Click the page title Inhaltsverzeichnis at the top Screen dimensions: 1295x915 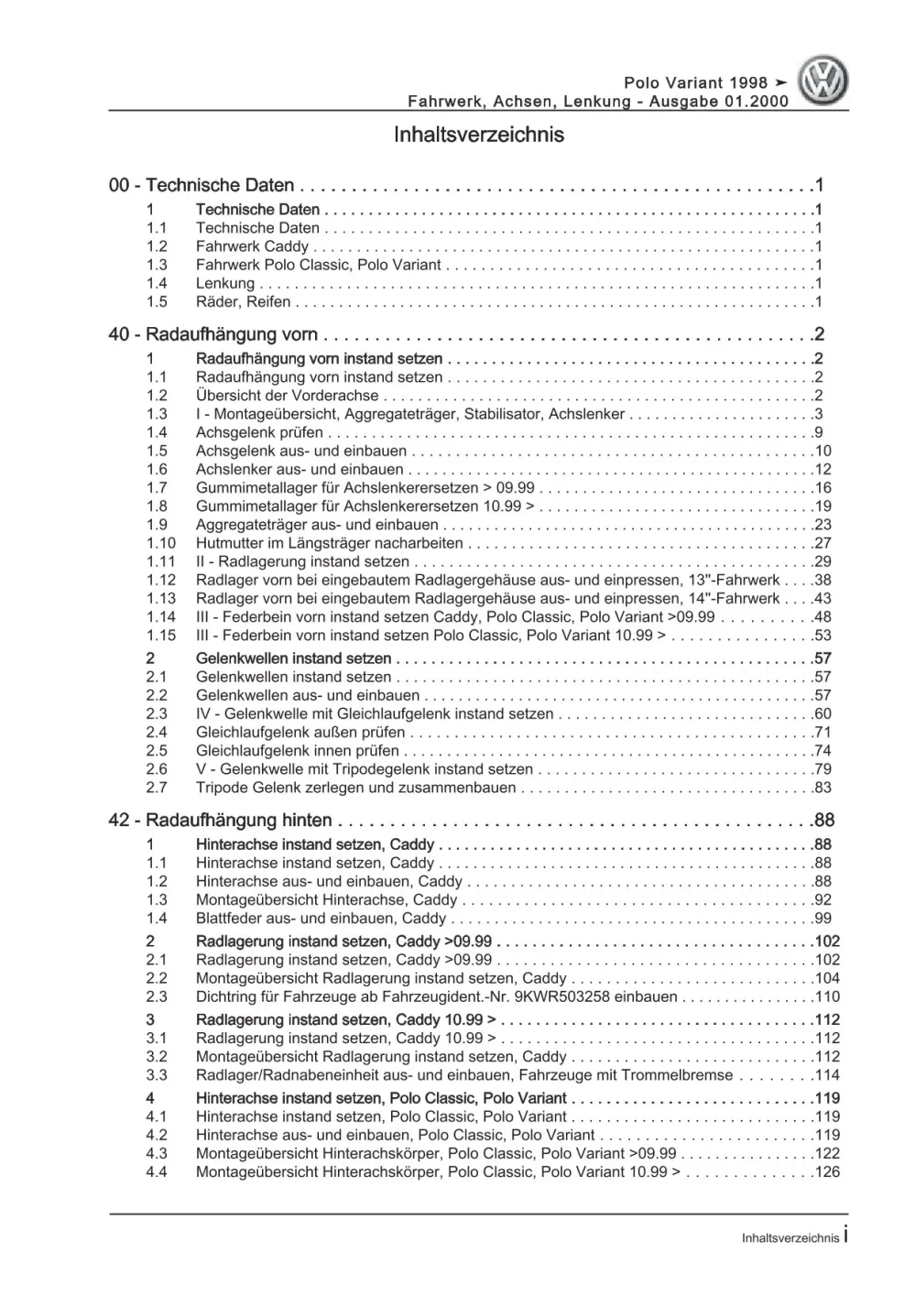click(x=478, y=136)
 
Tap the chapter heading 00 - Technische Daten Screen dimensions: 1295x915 click(x=202, y=186)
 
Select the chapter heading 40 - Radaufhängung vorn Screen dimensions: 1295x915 click(x=213, y=334)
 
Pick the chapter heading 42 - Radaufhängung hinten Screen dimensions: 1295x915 click(x=220, y=821)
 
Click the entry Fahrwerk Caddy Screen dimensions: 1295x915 click(x=252, y=246)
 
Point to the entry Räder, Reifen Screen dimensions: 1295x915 click(x=243, y=302)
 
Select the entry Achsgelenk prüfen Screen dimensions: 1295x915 click(x=259, y=432)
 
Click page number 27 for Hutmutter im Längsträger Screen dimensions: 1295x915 click(x=822, y=543)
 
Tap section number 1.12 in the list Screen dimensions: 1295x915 click(x=160, y=580)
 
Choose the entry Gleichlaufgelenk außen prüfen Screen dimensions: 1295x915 click(x=300, y=733)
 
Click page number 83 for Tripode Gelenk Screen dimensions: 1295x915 click(x=822, y=788)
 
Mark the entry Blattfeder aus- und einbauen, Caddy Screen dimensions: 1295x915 click(x=321, y=919)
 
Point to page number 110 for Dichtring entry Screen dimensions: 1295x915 click(x=827, y=997)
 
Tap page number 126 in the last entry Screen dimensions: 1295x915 click(x=827, y=1172)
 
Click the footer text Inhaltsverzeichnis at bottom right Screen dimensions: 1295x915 click(x=790, y=1238)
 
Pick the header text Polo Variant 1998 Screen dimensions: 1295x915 click(x=696, y=83)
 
